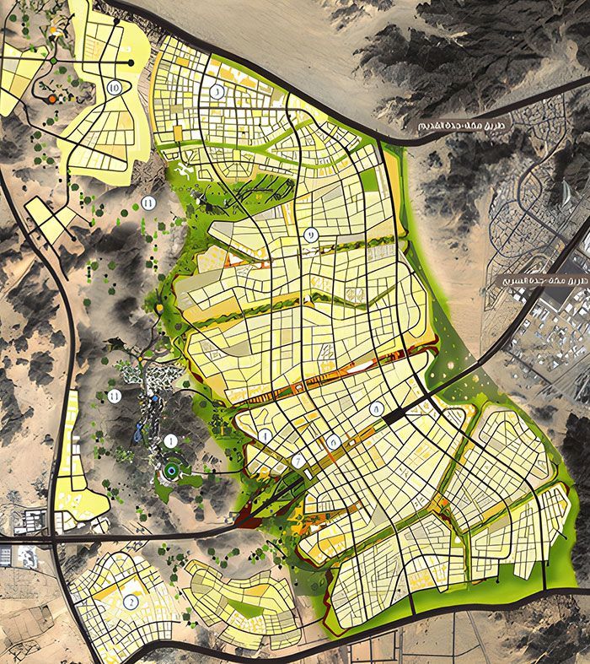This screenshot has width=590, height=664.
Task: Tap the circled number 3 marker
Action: (x=217, y=92)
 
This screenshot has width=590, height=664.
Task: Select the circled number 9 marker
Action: (x=311, y=235)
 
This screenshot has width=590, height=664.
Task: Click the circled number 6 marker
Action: (x=334, y=440)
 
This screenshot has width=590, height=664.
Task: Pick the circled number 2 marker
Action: (x=130, y=602)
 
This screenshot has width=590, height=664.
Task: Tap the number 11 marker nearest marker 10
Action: (x=148, y=202)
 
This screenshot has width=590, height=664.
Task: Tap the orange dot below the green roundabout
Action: (x=52, y=99)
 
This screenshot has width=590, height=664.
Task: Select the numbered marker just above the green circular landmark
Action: (x=171, y=440)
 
